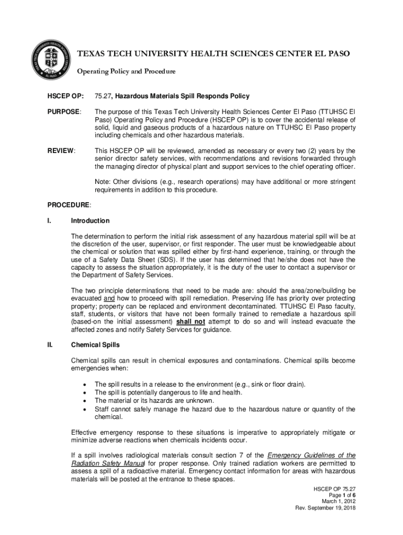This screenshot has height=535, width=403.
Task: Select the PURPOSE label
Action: pos(64,112)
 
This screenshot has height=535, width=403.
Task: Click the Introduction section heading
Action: pos(90,221)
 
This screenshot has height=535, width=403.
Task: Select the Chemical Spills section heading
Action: pos(95,345)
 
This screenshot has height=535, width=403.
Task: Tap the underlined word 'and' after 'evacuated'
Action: pos(109,298)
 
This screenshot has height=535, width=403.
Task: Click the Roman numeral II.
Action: pos(50,345)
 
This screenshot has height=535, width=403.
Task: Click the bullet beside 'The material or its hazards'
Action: pos(85,401)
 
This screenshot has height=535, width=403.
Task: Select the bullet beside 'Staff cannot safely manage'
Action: pos(85,409)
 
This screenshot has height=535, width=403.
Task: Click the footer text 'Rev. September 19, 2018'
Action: pos(326,508)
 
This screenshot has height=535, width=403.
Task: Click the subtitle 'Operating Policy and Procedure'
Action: pos(127,71)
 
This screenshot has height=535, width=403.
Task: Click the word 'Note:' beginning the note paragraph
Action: pos(103,182)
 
